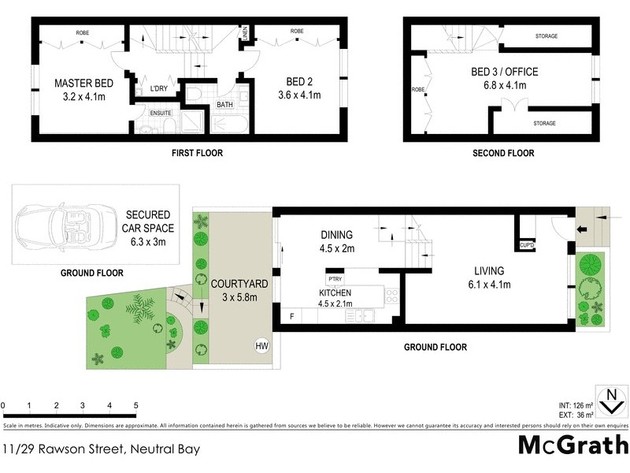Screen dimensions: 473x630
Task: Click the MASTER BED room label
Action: click(x=83, y=82)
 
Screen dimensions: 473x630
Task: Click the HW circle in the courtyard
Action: click(x=261, y=345)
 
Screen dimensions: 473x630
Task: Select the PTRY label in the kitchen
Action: click(x=333, y=278)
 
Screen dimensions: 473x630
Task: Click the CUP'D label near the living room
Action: click(x=527, y=246)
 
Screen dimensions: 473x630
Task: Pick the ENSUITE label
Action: click(x=161, y=114)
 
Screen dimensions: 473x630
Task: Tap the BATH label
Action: click(x=224, y=104)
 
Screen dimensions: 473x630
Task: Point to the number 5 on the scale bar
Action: click(x=136, y=406)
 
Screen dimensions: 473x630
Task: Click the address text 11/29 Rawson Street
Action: click(x=101, y=450)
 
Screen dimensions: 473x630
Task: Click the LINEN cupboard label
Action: click(x=244, y=33)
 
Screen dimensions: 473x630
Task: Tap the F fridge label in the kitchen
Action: click(x=291, y=317)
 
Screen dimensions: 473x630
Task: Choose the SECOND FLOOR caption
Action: click(x=503, y=154)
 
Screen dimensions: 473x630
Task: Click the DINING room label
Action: click(x=336, y=235)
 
